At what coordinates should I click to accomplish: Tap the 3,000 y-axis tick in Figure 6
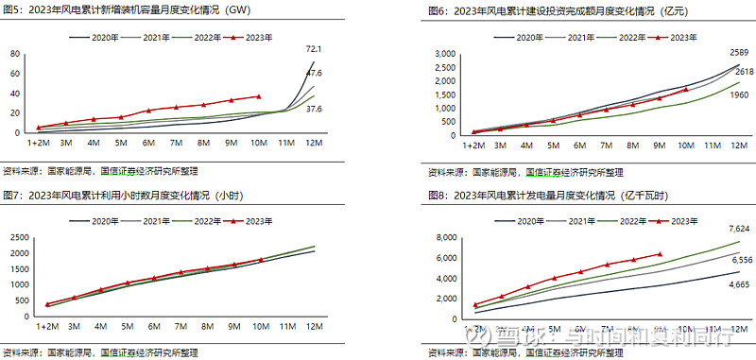tap(443, 54)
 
